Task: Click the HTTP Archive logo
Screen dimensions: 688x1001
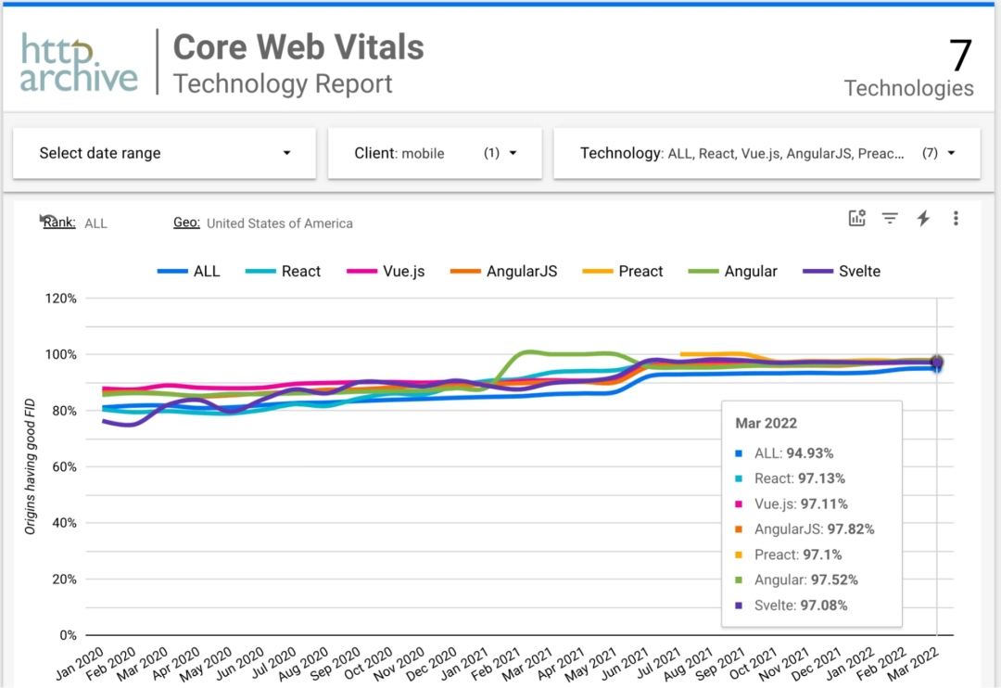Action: pos(79,62)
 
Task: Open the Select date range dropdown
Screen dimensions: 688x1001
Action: pos(164,153)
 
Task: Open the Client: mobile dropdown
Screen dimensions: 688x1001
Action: pos(435,153)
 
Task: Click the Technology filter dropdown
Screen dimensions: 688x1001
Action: pos(767,153)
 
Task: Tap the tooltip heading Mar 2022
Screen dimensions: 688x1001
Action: pos(766,423)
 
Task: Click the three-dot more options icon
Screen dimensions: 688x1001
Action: pos(956,219)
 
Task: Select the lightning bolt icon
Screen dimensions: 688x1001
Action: pos(923,219)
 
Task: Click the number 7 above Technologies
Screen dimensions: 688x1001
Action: pos(959,56)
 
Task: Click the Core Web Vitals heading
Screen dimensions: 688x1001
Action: pos(298,47)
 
